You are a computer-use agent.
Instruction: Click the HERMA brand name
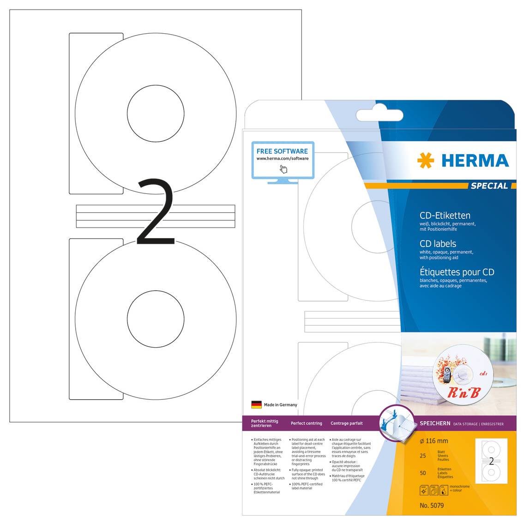pos(475,161)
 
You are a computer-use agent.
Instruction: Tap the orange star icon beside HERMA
pos(425,161)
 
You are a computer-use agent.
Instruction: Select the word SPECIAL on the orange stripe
pos(489,186)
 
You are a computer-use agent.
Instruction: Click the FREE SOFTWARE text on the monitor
pos(282,151)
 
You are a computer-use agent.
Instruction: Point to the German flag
pos(256,404)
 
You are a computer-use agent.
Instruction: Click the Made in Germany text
pos(281,405)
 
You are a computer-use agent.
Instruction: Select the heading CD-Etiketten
pos(445,216)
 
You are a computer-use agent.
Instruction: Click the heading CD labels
pos(438,244)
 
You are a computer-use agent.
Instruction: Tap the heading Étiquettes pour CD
pos(457,272)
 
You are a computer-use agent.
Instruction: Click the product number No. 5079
pos(432,505)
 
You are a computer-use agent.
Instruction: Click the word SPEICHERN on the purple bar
pos(435,423)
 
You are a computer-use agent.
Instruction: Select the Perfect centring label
pos(306,423)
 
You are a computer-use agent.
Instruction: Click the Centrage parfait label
pos(347,423)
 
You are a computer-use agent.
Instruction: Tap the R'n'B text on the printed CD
pos(464,392)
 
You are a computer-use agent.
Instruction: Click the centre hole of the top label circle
pos(156,114)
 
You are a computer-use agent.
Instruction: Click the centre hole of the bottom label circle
pos(156,319)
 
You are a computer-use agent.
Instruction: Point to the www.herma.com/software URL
pos(283,159)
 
